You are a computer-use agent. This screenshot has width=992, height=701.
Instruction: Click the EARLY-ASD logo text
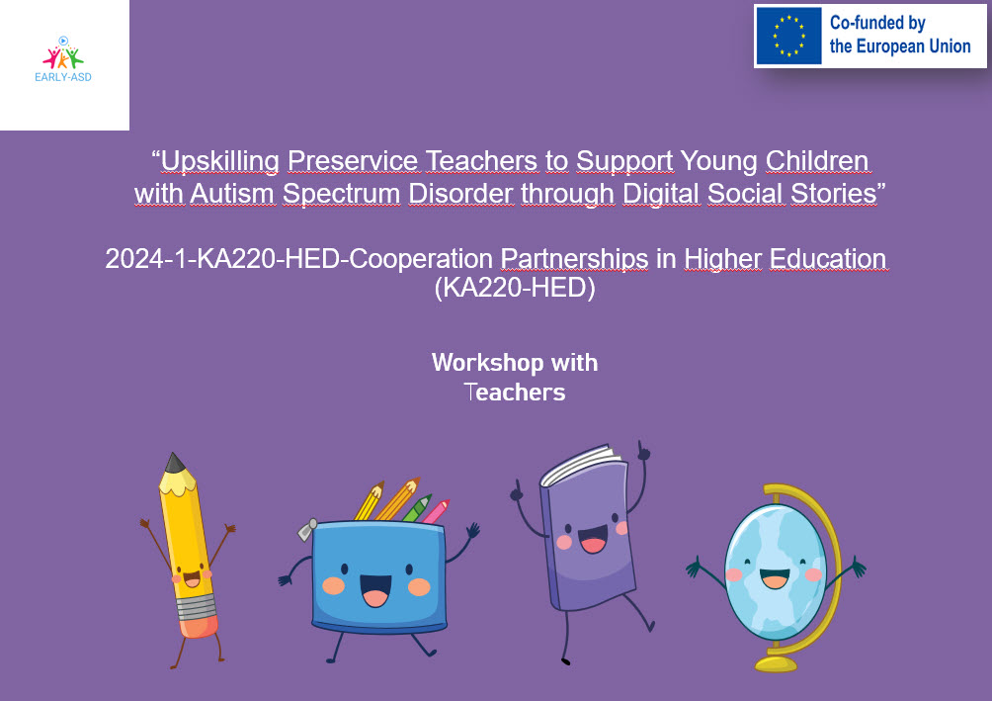63,77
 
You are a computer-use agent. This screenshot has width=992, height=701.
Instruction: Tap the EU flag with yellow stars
788,37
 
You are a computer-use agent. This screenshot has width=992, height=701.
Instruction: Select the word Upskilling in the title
219,162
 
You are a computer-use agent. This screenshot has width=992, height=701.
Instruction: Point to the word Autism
232,193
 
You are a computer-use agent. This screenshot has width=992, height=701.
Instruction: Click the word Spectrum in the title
341,195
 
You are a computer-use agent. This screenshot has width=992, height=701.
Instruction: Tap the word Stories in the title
834,193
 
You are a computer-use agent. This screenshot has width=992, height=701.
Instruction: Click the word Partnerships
574,260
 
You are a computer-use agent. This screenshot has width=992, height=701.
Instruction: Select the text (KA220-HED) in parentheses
515,288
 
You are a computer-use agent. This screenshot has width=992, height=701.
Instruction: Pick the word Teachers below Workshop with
515,392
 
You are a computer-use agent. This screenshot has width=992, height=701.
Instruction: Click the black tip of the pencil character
174,463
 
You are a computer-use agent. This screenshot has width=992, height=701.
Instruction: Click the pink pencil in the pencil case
436,511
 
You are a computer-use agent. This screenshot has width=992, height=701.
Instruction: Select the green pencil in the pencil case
417,508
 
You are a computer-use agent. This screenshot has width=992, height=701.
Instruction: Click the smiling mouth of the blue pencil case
375,590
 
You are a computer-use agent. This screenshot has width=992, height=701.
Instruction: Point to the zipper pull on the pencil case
307,529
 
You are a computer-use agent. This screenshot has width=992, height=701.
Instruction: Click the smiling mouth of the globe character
775,578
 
